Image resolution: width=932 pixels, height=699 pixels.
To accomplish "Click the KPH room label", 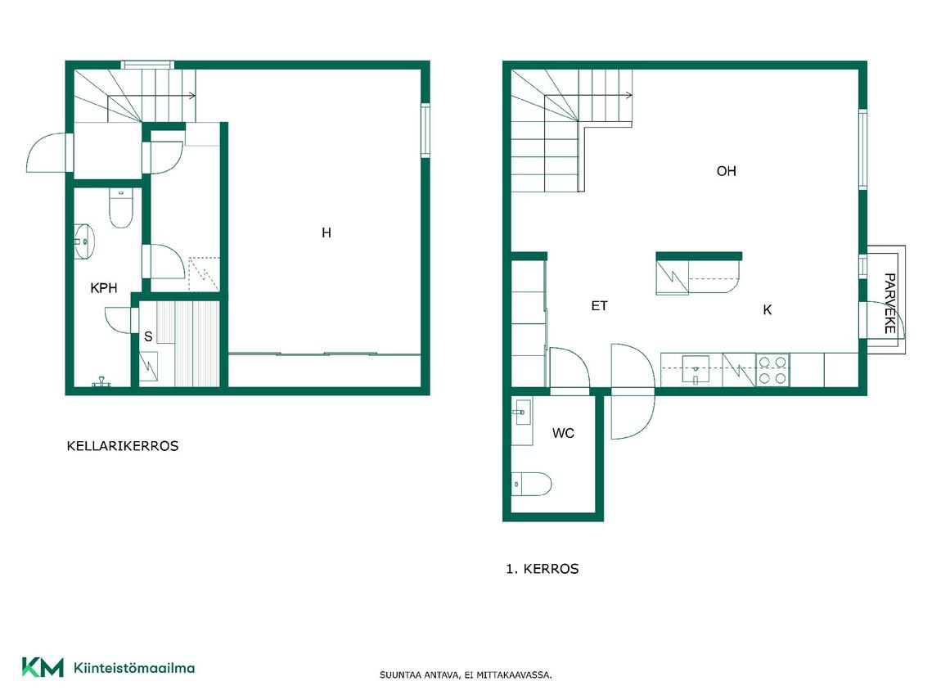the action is click(103, 288).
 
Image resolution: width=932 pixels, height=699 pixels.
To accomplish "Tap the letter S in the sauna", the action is click(148, 336).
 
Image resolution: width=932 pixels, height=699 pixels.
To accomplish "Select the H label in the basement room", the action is click(326, 233).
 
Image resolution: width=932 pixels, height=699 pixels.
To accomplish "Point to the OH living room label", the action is click(727, 171).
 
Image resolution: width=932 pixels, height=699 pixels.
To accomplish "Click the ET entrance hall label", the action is click(599, 306).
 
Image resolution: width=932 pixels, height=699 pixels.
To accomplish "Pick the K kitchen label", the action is click(768, 309).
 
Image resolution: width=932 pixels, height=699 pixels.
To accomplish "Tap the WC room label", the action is click(563, 433).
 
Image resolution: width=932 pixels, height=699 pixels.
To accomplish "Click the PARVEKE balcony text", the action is click(889, 303).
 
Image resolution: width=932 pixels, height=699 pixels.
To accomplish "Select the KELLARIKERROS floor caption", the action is click(123, 446).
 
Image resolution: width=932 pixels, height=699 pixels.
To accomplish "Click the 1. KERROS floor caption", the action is click(542, 569).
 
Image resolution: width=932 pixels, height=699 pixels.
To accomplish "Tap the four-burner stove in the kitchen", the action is click(772, 370).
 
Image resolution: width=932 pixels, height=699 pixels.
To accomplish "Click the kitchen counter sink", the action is click(696, 370).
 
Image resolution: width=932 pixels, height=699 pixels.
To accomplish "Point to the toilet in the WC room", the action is click(531, 484).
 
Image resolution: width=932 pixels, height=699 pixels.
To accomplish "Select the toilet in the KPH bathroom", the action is click(121, 208).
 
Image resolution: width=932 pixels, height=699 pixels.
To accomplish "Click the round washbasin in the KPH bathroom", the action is click(83, 242).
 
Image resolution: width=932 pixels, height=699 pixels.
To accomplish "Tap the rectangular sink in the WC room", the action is click(522, 412).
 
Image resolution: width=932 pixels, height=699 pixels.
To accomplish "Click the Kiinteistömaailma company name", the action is click(134, 668).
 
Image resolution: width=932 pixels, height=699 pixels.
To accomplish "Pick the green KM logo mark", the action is click(43, 668).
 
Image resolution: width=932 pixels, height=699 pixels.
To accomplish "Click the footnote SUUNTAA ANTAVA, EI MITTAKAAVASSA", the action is click(466, 675).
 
